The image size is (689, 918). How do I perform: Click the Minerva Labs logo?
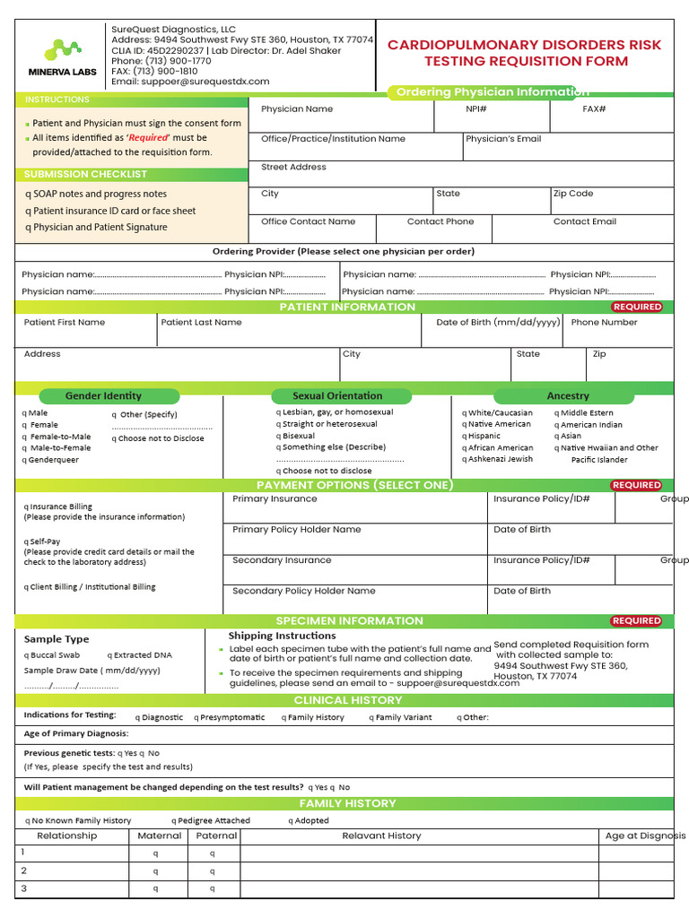coord(62,56)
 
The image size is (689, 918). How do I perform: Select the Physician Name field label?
coord(296,109)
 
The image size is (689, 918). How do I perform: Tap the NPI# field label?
coord(475,109)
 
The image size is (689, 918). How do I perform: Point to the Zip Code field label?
coord(572,194)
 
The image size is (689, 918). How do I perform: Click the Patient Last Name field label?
coord(201,323)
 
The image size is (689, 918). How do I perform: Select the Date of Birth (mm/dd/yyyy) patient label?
coord(497,323)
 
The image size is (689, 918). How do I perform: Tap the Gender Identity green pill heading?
coord(103,395)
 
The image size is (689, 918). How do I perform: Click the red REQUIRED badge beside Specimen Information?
coord(636,620)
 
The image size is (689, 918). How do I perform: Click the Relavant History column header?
coord(381,836)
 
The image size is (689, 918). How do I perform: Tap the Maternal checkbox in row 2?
coord(154,871)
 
